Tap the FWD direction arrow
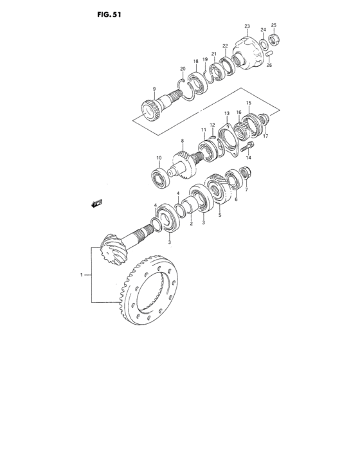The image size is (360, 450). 97,204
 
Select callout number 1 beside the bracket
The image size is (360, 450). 82,275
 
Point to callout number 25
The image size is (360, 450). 273,25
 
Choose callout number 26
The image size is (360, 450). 269,65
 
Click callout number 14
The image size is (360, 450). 249,157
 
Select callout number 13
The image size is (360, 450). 227,113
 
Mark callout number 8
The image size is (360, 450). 183,141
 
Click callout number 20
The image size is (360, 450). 183,69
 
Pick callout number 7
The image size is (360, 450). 246,190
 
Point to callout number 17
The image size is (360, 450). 265,136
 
